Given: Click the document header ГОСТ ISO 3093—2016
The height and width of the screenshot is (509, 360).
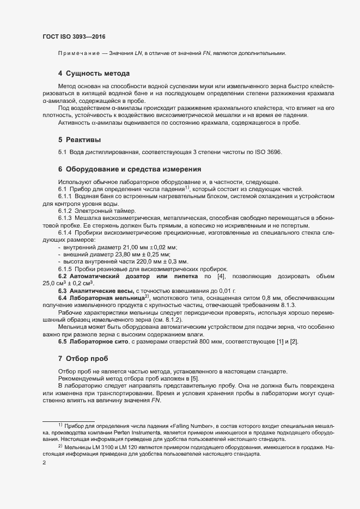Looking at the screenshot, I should tap(74, 37).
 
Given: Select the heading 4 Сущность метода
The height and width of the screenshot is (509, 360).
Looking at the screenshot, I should tap(93, 73).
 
